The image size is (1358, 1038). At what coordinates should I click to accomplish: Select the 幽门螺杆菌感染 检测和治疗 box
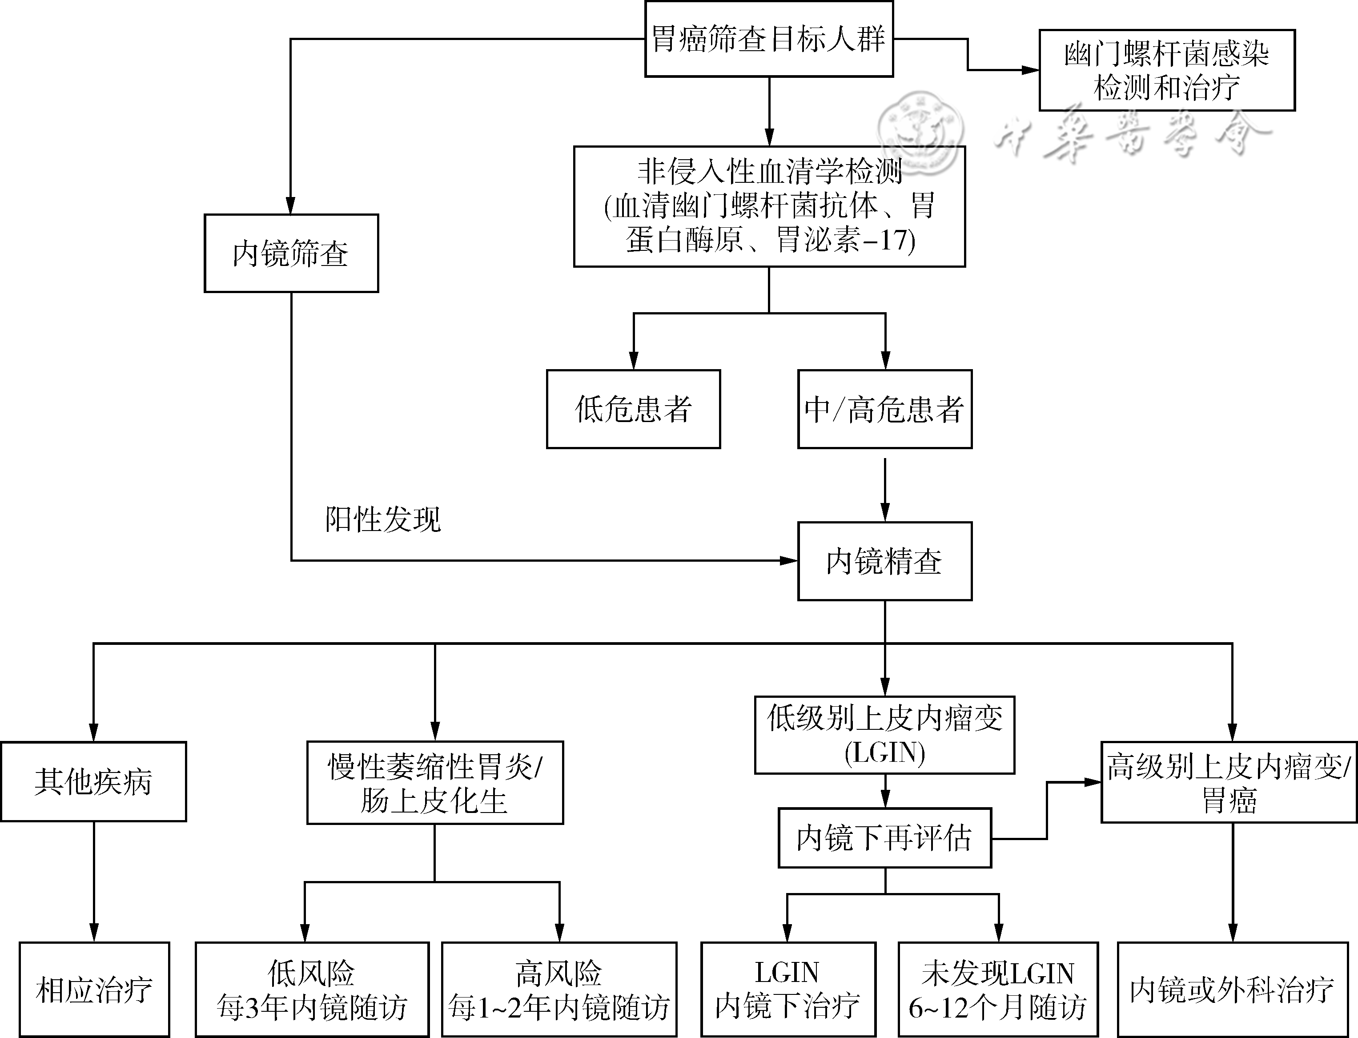coord(1167,70)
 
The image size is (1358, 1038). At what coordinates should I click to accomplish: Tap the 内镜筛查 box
coord(291,253)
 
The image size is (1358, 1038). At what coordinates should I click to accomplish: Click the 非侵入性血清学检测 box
coord(769,206)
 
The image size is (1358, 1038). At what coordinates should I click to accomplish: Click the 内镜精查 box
coord(885,561)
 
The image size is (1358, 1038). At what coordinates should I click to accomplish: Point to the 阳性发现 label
coord(383,519)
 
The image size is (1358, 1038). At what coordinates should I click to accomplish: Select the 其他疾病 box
coord(93,781)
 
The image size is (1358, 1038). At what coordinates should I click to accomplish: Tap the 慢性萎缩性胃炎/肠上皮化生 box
coord(435,783)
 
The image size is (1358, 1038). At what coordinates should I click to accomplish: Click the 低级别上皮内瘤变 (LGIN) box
coord(885,735)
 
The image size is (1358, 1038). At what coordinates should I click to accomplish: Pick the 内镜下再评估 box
coord(885,838)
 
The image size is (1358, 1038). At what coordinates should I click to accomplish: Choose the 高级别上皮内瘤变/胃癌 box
coord(1229,783)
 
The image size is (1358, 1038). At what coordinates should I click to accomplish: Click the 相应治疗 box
coord(94,989)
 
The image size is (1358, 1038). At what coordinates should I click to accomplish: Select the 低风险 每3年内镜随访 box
coord(312,989)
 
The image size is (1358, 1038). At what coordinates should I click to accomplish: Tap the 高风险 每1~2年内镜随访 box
coord(559,989)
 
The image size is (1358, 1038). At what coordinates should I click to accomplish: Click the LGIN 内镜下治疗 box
coord(788,989)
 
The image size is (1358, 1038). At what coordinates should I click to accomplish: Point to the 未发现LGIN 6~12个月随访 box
coord(998,989)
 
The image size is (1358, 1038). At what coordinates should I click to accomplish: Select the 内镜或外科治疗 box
coord(1233,989)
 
